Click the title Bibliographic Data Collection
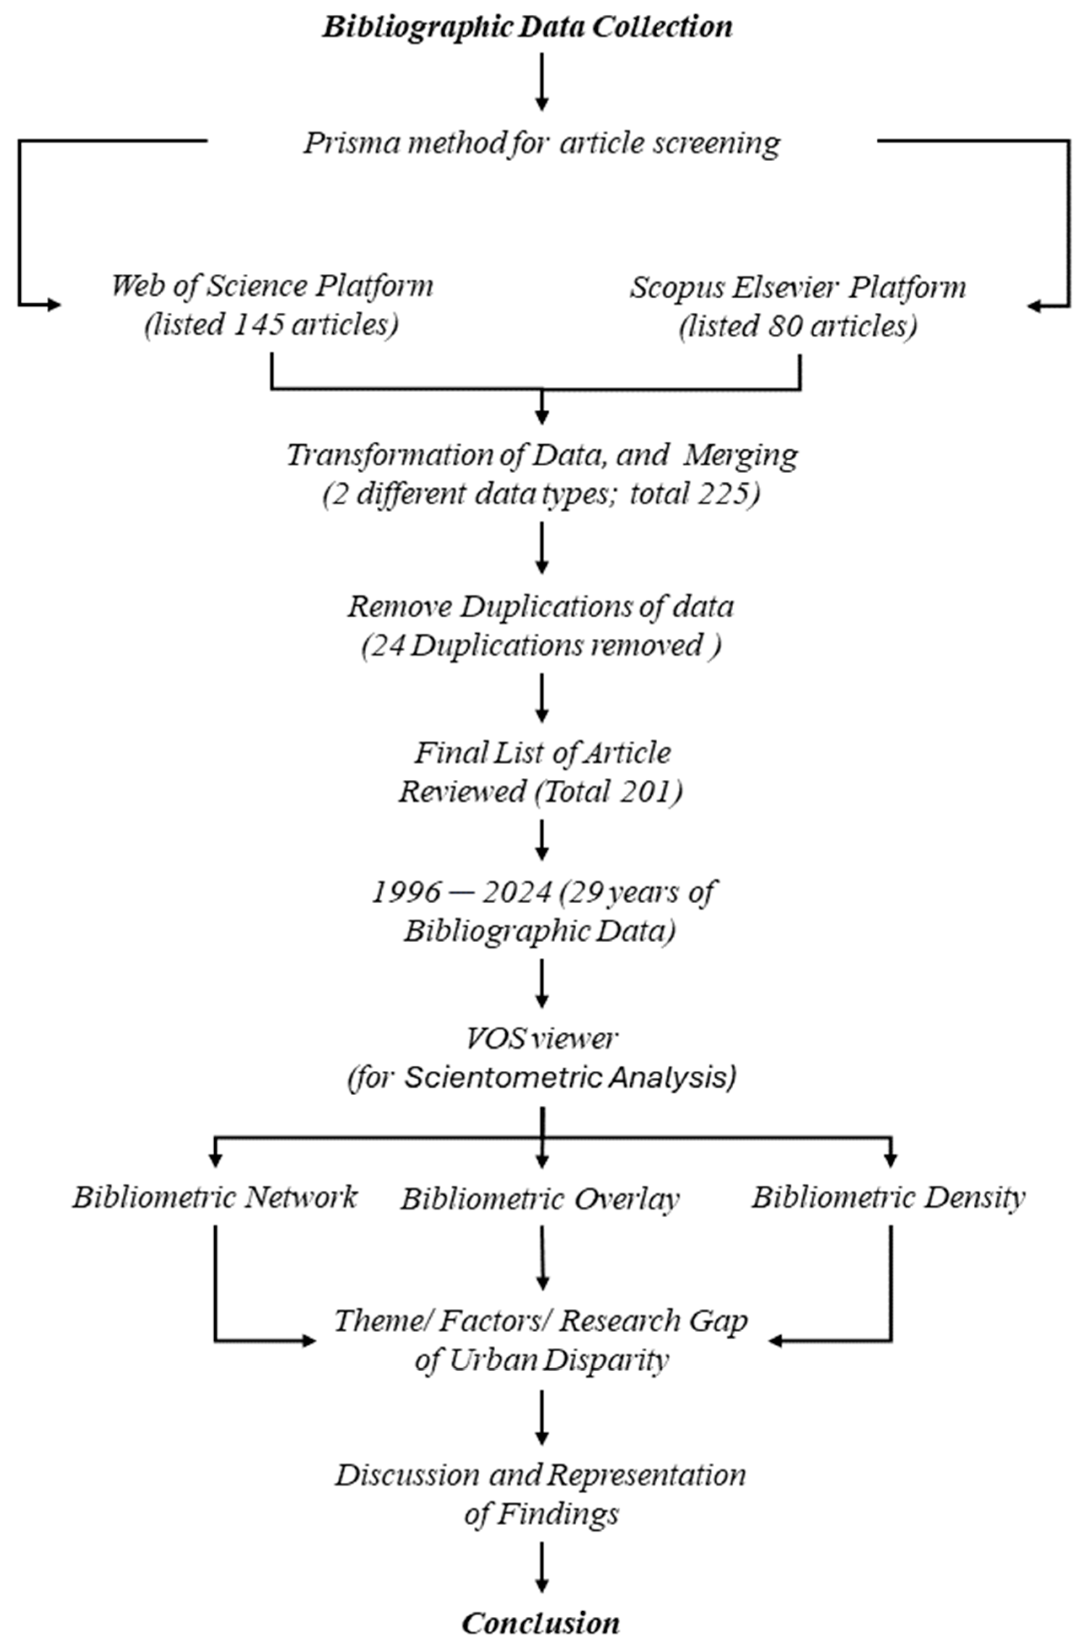pos(527,28)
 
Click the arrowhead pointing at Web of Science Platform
pos(53,305)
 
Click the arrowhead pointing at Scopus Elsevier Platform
pos(1035,305)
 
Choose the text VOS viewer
pos(541,1039)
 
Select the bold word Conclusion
pos(540,1624)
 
